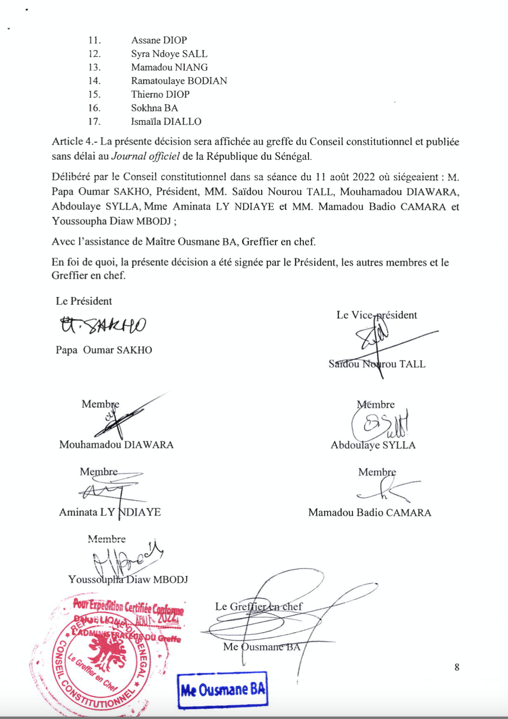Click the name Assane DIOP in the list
(x=159, y=40)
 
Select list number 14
(x=94, y=81)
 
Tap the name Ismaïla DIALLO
(x=166, y=122)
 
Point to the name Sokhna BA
(x=154, y=108)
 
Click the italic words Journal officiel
(x=145, y=156)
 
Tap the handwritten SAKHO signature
(x=103, y=326)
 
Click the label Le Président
(x=84, y=301)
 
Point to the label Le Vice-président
(x=376, y=315)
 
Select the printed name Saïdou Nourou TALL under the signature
(x=376, y=364)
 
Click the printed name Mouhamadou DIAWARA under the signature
(x=116, y=445)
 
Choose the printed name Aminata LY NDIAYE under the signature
(x=110, y=512)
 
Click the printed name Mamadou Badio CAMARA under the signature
(x=369, y=513)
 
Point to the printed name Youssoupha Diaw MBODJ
(x=128, y=580)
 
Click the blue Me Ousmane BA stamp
(x=222, y=690)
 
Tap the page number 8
(x=457, y=667)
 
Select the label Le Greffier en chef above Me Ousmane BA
(x=258, y=607)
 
